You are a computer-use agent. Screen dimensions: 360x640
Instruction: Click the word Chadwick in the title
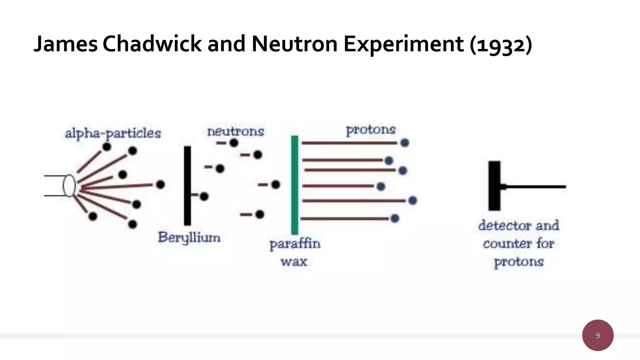click(x=152, y=44)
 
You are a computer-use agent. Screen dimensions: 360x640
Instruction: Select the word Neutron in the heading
click(x=294, y=44)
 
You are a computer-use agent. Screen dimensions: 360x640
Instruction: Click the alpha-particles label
click(x=113, y=133)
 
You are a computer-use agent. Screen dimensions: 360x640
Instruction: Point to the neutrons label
click(x=236, y=131)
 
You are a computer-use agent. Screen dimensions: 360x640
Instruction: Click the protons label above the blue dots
click(x=371, y=130)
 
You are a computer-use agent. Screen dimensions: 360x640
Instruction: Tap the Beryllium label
click(x=189, y=237)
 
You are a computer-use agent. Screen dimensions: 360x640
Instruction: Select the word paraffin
click(x=295, y=244)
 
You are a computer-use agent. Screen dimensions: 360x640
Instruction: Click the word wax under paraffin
click(x=294, y=262)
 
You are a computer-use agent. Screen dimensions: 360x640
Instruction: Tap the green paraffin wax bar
click(x=295, y=185)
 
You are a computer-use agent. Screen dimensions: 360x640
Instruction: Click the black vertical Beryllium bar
click(x=187, y=186)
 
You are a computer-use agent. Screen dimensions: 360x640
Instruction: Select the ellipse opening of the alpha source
click(x=69, y=186)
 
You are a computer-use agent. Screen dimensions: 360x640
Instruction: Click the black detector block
click(x=494, y=186)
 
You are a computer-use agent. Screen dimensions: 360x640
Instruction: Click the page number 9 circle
click(x=597, y=335)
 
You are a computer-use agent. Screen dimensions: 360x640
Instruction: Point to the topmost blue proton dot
click(x=405, y=143)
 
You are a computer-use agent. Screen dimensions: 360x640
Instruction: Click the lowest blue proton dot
click(x=395, y=218)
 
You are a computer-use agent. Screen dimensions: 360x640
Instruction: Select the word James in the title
click(x=66, y=44)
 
